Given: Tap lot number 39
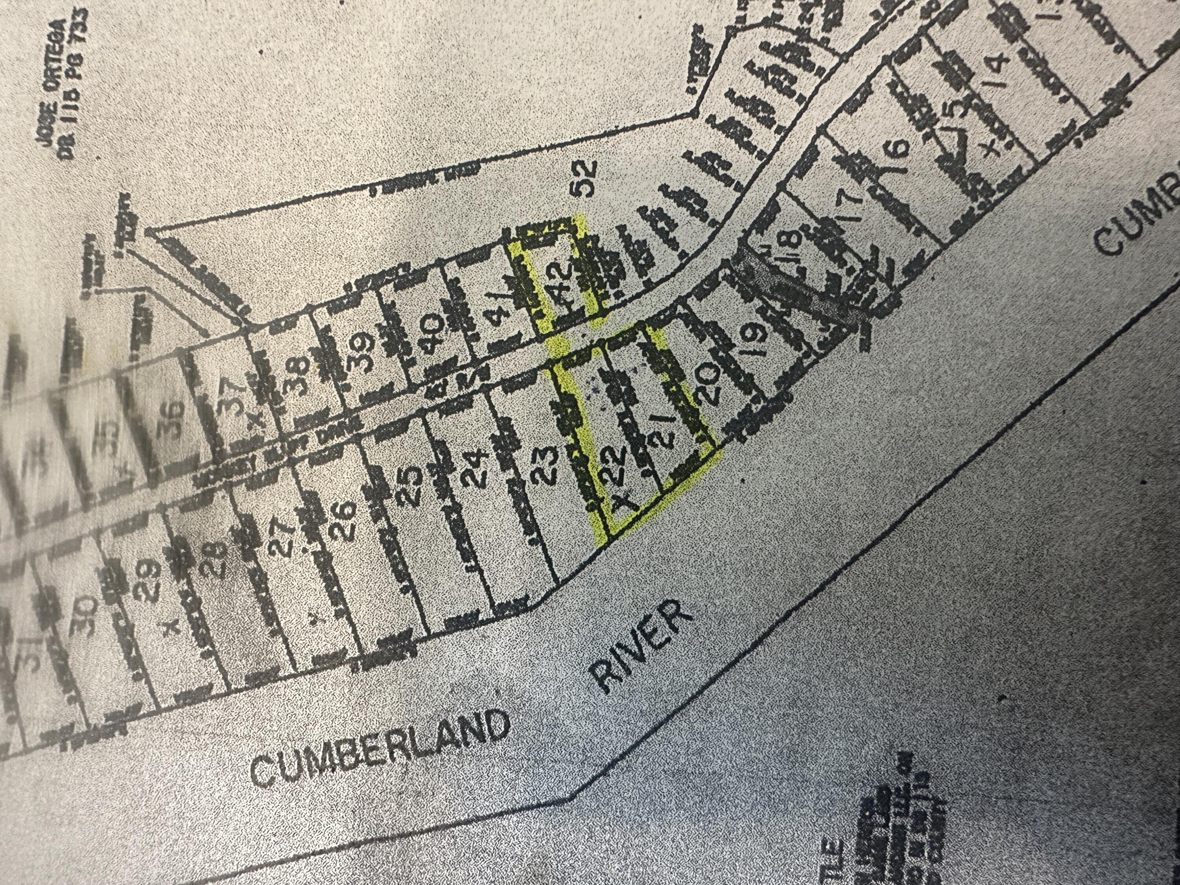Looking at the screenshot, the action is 360,352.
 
